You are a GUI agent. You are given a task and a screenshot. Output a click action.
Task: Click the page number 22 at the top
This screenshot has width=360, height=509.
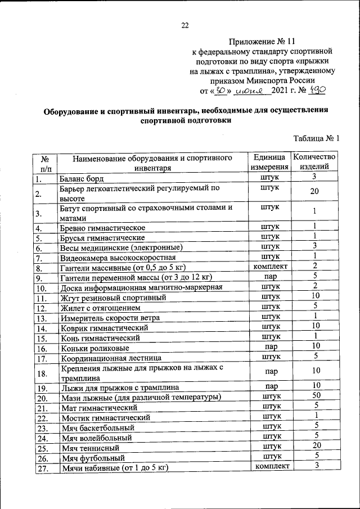point(185,24)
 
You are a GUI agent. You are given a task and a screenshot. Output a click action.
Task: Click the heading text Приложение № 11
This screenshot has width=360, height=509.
point(262,41)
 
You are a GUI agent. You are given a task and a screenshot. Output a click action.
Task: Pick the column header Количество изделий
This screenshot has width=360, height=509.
point(315,161)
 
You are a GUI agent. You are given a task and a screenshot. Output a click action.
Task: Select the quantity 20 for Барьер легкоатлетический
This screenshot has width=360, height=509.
point(315,192)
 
